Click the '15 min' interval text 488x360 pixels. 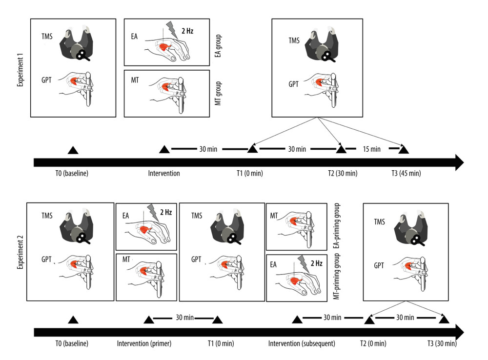coord(372,149)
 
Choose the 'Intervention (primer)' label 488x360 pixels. coord(144,343)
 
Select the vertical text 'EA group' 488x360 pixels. coord(218,42)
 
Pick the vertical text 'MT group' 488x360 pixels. coord(218,93)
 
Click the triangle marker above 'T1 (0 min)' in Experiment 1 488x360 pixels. coord(253,148)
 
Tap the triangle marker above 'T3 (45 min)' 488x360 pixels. coord(404,148)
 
